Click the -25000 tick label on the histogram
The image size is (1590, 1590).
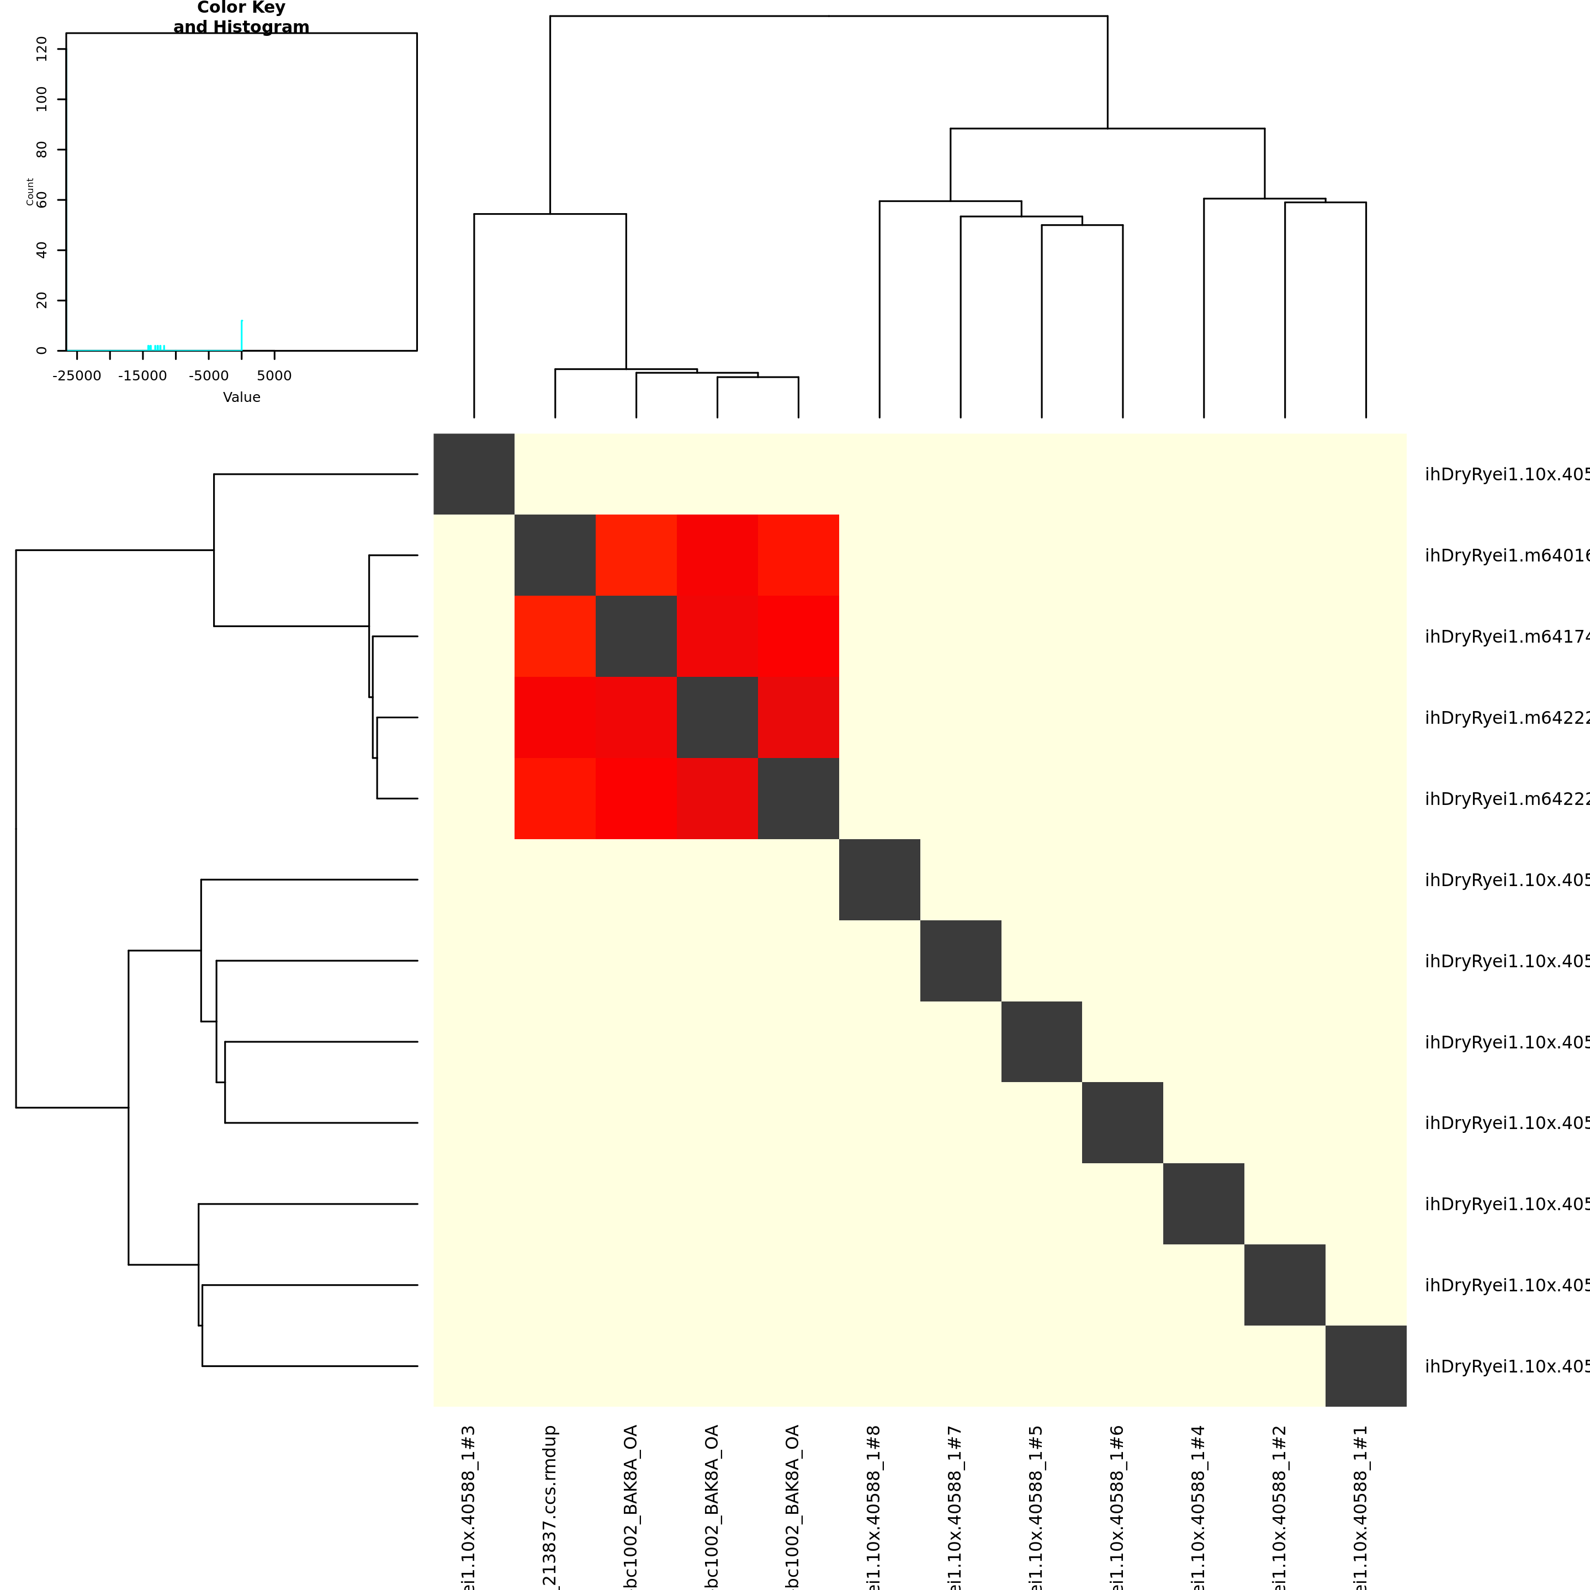pos(77,376)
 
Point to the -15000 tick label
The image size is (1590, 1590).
pos(142,376)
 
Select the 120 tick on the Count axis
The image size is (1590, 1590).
pos(42,49)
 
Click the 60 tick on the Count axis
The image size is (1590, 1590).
pos(42,200)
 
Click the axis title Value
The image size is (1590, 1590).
pos(241,397)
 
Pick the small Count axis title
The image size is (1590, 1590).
pos(30,192)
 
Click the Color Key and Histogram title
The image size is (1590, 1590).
pos(241,17)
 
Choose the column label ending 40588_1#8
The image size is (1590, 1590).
pos(874,1506)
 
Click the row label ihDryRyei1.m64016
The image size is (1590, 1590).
pos(1506,555)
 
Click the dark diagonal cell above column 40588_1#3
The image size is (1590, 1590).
pos(474,474)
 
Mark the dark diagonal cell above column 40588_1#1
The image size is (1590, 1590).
pos(1366,1366)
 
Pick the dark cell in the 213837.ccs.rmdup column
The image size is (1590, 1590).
pos(555,555)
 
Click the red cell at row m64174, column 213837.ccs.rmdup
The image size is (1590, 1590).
pos(555,636)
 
